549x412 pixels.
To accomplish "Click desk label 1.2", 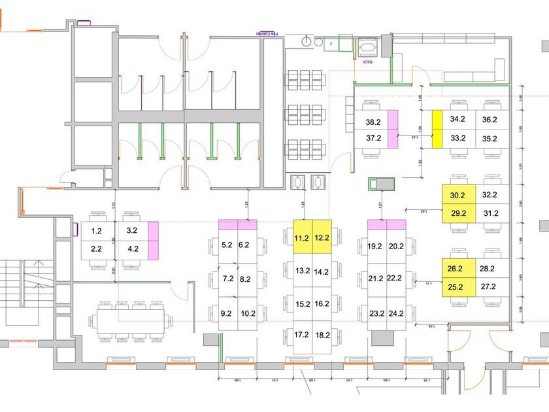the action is pos(97,231).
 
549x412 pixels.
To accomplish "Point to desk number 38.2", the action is pos(373,122).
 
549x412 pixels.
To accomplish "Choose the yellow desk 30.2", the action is pos(457,195).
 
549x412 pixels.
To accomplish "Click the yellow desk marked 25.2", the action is pos(455,286).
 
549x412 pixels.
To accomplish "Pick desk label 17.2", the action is pos(302,334).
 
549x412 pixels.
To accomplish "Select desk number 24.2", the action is pos(395,313).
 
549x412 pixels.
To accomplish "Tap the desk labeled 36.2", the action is pos(490,120).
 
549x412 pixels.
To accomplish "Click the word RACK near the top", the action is pos(368,62).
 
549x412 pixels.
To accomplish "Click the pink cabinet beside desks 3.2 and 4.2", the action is pos(154,240).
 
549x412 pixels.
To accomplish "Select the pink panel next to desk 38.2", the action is pos(393,129).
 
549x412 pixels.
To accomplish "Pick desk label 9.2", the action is pos(227,313).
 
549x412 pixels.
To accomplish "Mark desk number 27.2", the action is pos(489,286).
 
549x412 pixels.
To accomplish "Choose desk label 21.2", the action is pos(376,278).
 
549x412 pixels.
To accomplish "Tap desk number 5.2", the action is pos(227,245).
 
